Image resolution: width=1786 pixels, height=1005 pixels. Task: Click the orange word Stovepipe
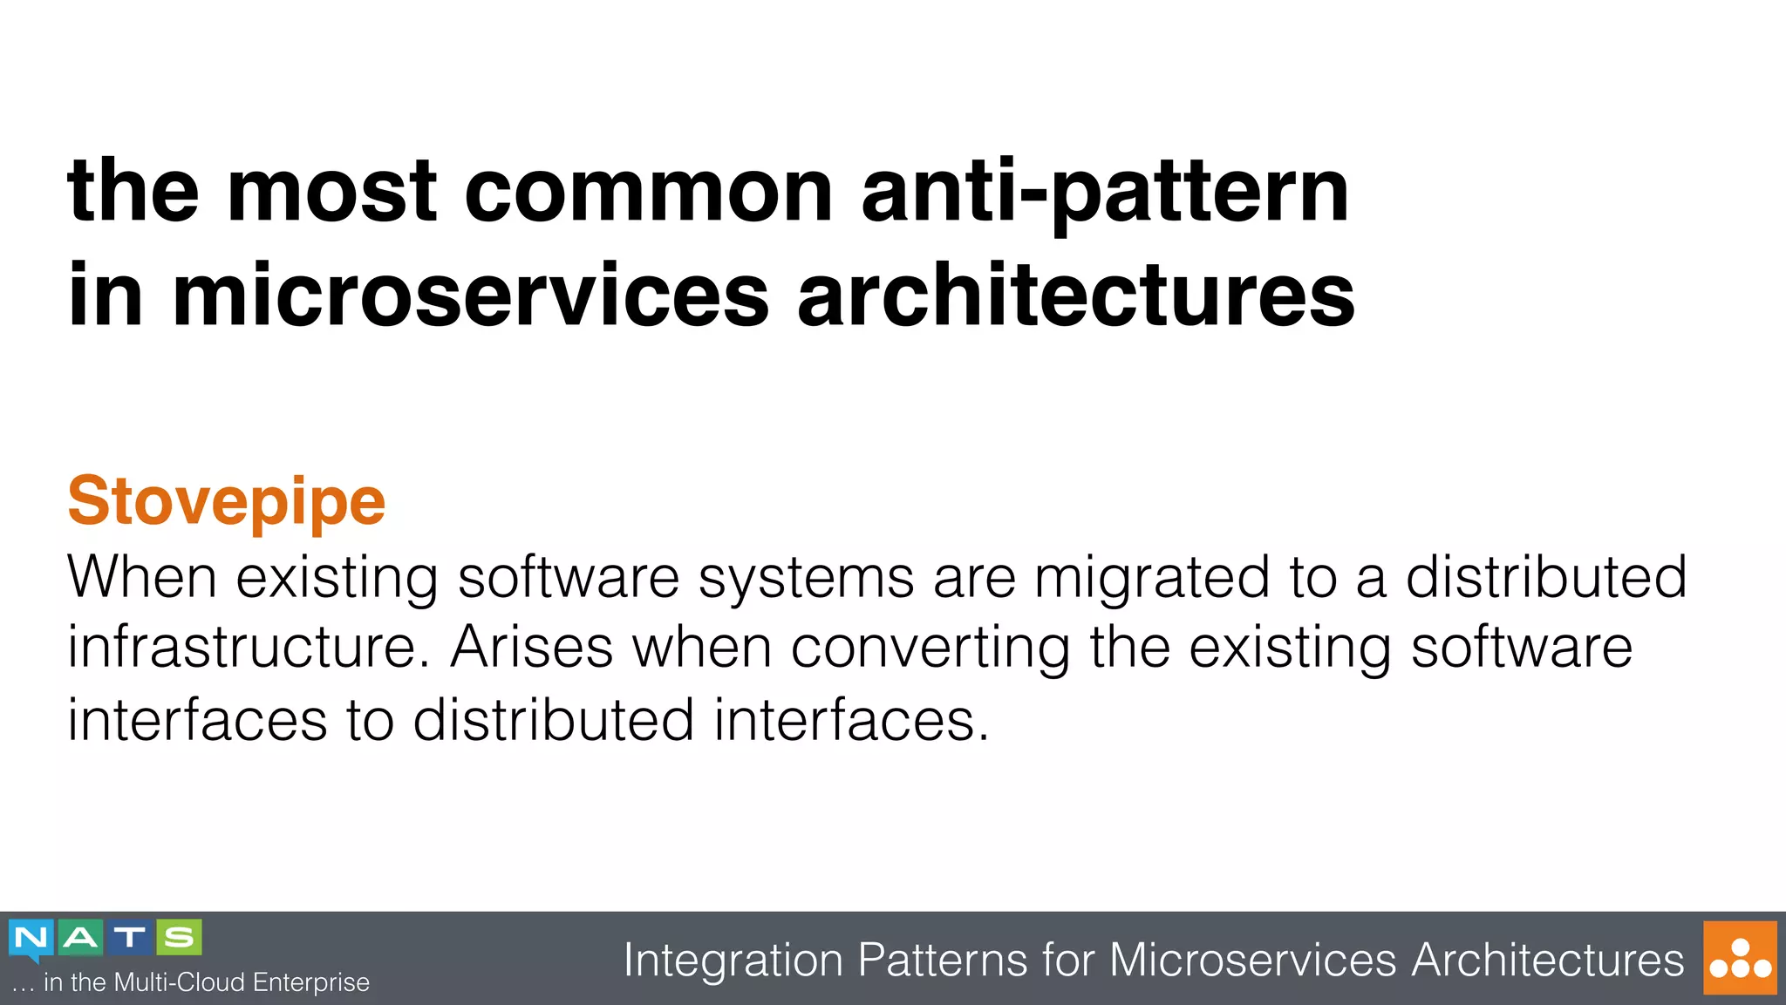tap(226, 502)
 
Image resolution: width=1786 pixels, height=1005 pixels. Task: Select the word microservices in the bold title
tap(471, 296)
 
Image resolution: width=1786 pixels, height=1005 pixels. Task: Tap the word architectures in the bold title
tap(1076, 296)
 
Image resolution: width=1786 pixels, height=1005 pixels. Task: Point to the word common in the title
tap(649, 192)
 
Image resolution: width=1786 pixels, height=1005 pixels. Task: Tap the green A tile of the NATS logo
tap(80, 938)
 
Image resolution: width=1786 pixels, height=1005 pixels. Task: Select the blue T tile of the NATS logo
tap(130, 938)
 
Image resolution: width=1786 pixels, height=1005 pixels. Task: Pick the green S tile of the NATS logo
tap(179, 938)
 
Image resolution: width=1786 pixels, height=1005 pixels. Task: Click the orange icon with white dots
tap(1739, 958)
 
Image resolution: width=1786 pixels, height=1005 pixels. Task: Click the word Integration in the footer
tap(733, 961)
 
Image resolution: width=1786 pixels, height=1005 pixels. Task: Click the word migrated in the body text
tap(1151, 579)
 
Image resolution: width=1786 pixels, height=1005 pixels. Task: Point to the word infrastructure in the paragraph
tap(249, 648)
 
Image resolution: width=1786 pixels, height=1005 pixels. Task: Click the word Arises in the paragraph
tap(532, 648)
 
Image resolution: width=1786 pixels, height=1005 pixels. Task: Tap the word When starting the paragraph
tap(141, 577)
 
